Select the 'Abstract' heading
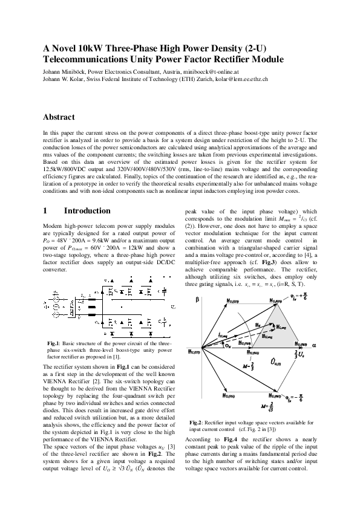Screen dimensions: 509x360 point(59,117)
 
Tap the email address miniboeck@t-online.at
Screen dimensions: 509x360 point(227,70)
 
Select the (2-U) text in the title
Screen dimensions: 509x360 point(250,48)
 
